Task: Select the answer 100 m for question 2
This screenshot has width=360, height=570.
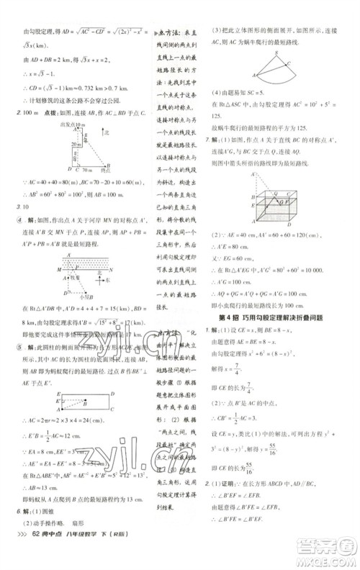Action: (x=27, y=113)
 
